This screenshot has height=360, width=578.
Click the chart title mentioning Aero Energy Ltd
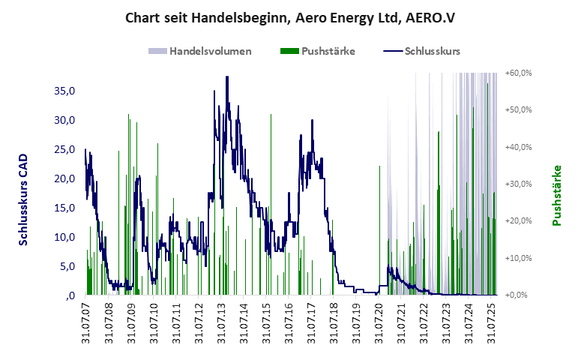click(x=289, y=17)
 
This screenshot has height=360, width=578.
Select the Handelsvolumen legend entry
click(x=199, y=52)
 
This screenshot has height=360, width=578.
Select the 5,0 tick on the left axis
click(x=67, y=266)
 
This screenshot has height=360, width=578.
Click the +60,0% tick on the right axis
click(x=519, y=73)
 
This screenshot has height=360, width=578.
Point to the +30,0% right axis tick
click(x=519, y=184)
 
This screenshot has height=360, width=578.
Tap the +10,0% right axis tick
click(x=519, y=258)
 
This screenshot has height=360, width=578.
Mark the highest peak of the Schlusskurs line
click(x=226, y=76)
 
